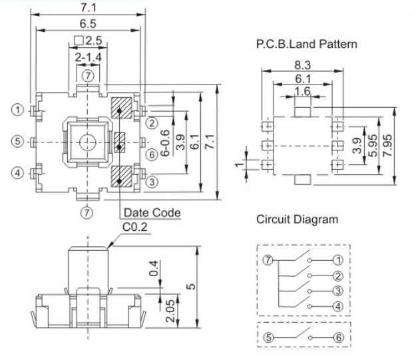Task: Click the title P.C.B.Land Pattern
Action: [x=307, y=45]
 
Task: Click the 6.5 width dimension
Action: [x=89, y=22]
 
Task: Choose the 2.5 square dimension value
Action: [x=93, y=41]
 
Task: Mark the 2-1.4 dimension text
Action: [x=88, y=59]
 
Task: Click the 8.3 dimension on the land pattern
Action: [x=302, y=66]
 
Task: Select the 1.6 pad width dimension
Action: [x=302, y=91]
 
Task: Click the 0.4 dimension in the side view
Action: [x=154, y=270]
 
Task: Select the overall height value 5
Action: [x=191, y=287]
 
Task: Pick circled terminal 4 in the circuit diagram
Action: [x=338, y=306]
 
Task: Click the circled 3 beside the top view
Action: [x=152, y=180]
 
